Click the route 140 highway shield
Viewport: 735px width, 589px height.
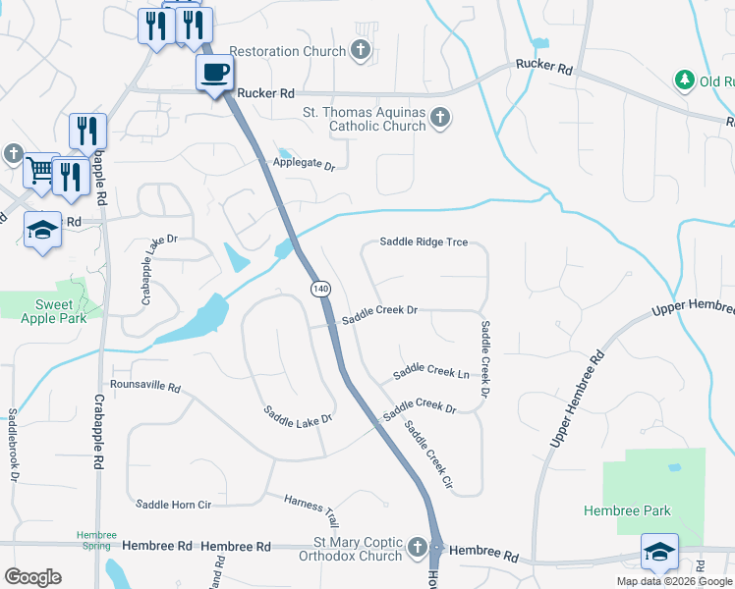320,289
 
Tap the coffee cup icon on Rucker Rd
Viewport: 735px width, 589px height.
214,72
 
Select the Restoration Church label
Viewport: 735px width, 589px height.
288,51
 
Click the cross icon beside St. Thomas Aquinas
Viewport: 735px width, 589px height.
439,119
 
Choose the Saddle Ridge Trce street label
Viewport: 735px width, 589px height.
424,241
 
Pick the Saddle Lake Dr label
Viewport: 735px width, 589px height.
299,415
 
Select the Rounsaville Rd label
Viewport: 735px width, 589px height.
145,387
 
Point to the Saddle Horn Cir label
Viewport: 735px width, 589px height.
174,505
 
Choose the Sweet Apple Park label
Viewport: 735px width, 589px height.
54,311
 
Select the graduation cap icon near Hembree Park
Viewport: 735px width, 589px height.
658,552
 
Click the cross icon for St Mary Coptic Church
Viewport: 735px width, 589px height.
419,546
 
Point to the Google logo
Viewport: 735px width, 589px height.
32,577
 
